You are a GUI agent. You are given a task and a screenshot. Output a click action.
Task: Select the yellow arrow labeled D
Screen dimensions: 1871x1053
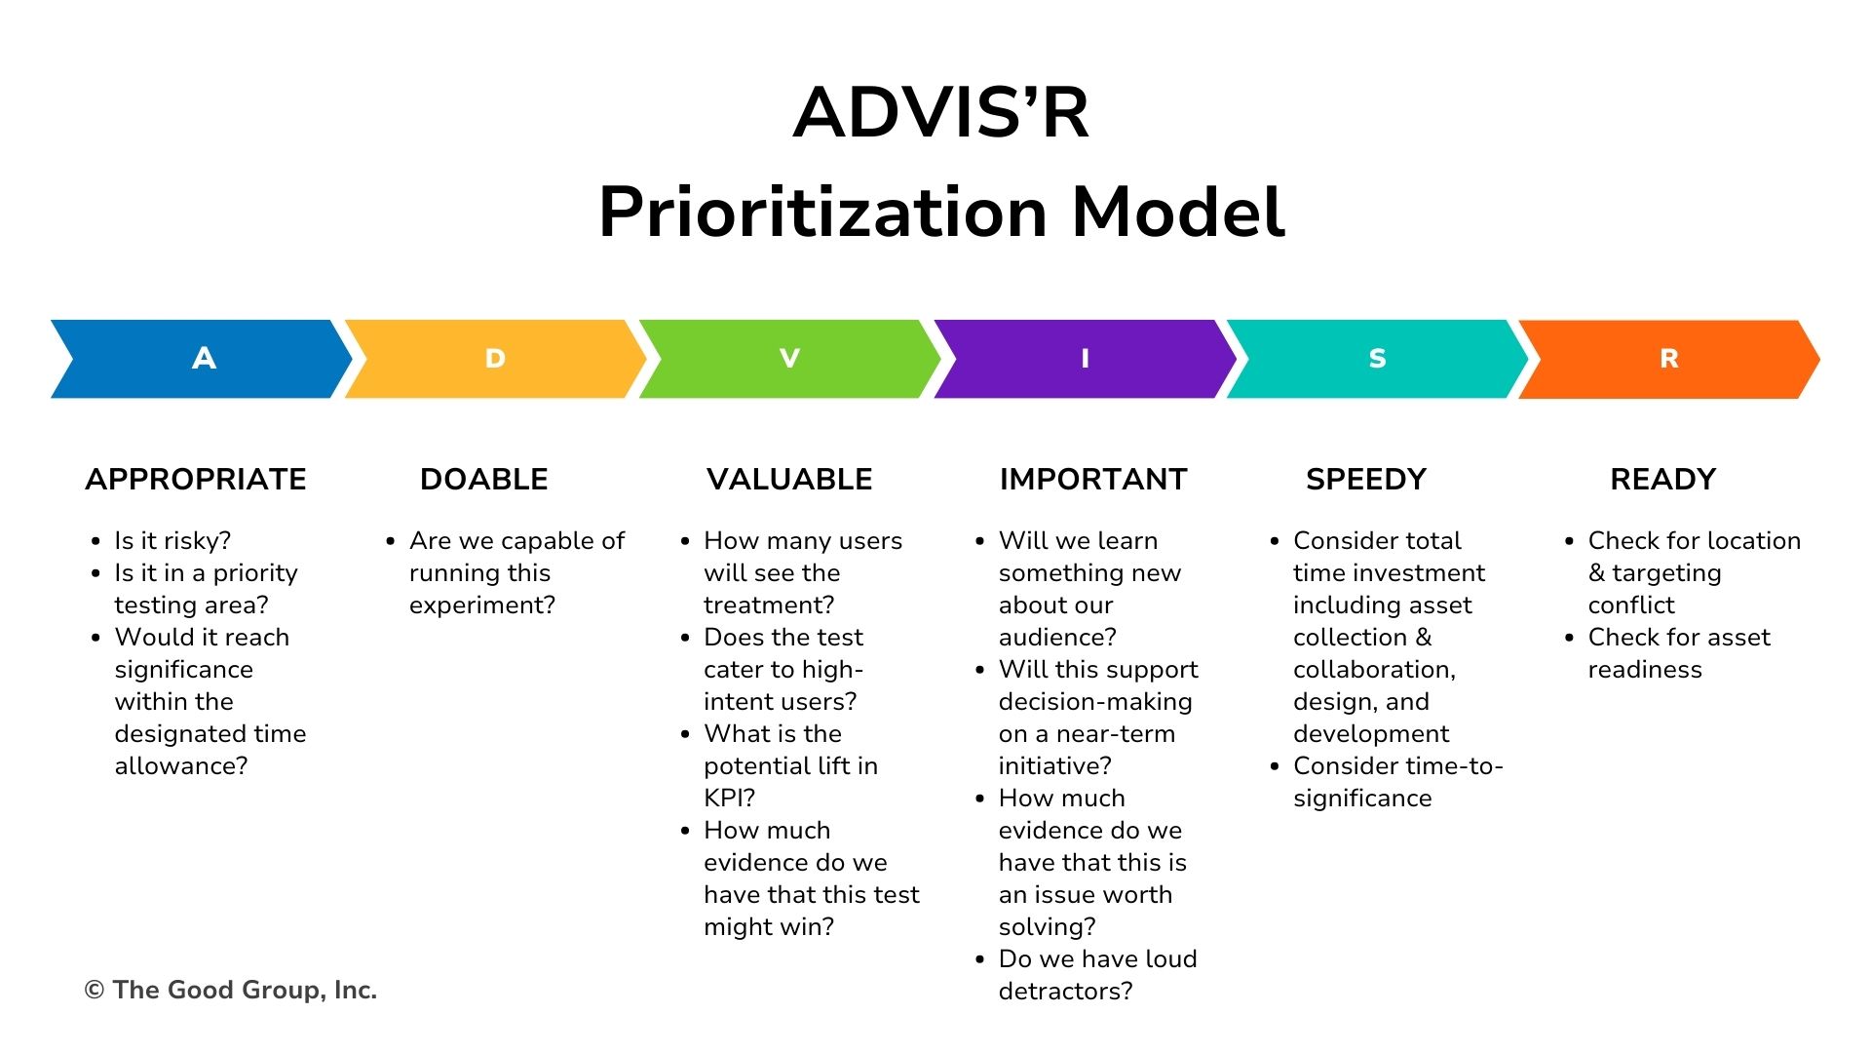pos(495,359)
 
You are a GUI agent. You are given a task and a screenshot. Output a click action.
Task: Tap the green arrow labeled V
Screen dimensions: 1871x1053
pos(789,359)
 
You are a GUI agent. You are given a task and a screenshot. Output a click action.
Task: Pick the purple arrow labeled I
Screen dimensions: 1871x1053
pos(1085,359)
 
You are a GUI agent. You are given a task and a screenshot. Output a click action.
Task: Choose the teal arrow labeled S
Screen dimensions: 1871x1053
pos(1377,359)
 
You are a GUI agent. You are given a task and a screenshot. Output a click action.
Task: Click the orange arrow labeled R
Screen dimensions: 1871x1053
pos(1669,359)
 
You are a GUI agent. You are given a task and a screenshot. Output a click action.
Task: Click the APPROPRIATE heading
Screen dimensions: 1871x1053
pos(196,479)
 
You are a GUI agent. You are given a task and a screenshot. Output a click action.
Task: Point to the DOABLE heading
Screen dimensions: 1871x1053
pos(484,479)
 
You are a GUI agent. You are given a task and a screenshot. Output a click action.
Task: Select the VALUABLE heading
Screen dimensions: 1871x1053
pos(789,479)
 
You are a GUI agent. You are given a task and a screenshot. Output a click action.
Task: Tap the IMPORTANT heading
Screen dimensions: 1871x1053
pos(1093,479)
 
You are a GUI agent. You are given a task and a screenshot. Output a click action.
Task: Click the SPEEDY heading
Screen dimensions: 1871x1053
pos(1366,479)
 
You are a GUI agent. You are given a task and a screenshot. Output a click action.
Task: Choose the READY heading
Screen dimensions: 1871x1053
pos(1663,479)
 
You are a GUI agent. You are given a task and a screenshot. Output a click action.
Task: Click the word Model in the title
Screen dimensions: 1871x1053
pos(1179,212)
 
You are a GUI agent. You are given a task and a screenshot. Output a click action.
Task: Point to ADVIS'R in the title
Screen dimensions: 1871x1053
pos(941,112)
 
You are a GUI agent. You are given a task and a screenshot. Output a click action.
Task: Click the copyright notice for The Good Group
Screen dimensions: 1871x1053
pos(231,990)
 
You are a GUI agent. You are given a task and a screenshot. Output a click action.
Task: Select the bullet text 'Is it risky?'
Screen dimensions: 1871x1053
pos(172,541)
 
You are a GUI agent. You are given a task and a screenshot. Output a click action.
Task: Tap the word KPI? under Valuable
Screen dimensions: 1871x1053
pos(730,798)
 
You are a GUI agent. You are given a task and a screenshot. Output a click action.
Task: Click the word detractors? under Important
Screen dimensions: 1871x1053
pos(1066,991)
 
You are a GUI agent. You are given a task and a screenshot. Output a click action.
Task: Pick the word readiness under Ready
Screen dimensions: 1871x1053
pos(1645,669)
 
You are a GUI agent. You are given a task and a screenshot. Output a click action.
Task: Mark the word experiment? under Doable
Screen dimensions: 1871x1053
pos(482,605)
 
